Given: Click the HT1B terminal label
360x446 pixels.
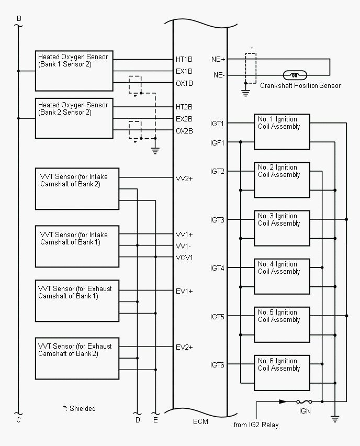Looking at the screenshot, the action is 184,59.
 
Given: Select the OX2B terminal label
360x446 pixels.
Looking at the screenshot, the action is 184,131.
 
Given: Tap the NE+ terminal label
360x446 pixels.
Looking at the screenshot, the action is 218,59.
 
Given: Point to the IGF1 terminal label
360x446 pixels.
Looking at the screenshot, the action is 217,143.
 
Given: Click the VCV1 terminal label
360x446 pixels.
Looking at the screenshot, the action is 184,258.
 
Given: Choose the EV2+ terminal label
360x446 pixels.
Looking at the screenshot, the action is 184,347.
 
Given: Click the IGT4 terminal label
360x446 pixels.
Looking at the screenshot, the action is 217,268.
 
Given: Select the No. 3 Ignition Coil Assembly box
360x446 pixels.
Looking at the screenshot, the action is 282,228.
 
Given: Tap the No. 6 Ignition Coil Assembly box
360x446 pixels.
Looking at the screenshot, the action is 282,373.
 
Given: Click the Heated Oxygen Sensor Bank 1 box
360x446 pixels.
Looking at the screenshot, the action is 74,71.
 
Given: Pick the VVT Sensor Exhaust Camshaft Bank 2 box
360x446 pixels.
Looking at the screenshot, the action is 77,359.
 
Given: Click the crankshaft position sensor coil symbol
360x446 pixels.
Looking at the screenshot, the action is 295,75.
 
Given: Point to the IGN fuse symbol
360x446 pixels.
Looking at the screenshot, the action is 304,402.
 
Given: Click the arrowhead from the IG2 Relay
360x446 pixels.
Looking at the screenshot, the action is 283,402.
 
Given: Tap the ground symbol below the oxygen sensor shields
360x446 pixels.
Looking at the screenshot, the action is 155,150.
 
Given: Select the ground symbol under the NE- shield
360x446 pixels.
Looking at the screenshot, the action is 246,93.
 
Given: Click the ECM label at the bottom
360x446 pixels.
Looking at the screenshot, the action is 200,421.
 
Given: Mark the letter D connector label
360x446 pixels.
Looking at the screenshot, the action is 138,420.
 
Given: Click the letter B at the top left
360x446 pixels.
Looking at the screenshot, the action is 19,18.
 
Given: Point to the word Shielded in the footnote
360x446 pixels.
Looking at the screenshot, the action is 83,408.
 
